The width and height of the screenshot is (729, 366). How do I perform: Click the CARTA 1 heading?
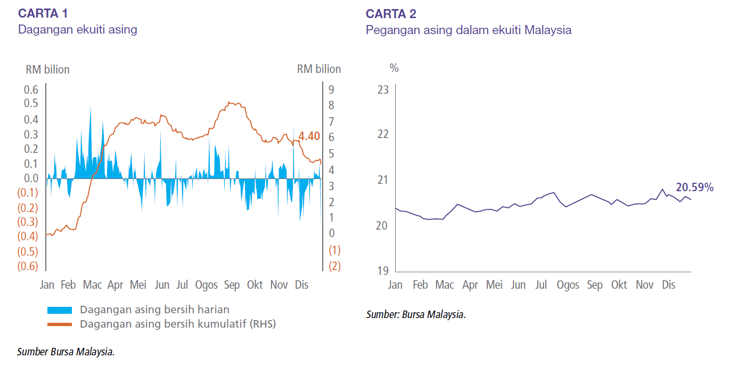(x=43, y=13)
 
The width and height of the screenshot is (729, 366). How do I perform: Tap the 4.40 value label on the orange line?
(x=309, y=136)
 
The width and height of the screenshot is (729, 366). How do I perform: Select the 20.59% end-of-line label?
(x=694, y=187)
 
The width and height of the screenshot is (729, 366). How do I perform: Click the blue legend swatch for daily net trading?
(x=59, y=310)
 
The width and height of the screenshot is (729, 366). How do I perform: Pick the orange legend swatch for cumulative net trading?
(x=59, y=324)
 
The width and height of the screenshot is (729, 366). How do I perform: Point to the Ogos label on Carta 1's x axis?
(x=206, y=285)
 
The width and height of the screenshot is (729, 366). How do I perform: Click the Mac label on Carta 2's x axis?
(x=445, y=285)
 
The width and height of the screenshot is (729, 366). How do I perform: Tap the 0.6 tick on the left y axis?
(x=31, y=90)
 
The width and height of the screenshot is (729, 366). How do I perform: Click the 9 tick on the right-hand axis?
(x=331, y=90)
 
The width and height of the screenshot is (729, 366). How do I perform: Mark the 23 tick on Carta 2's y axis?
(x=382, y=90)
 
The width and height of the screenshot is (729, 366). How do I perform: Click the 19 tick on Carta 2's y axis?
(x=382, y=271)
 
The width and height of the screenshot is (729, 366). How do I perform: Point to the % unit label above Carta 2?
(x=394, y=68)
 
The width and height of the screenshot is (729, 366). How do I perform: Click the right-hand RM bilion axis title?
(x=318, y=69)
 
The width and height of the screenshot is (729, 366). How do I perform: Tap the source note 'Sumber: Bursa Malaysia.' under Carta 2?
(x=416, y=314)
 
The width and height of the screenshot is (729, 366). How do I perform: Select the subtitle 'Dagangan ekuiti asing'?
(x=78, y=30)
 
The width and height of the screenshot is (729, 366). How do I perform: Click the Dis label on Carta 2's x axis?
(x=668, y=285)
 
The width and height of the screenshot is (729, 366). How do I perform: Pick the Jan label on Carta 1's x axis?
(x=47, y=285)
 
